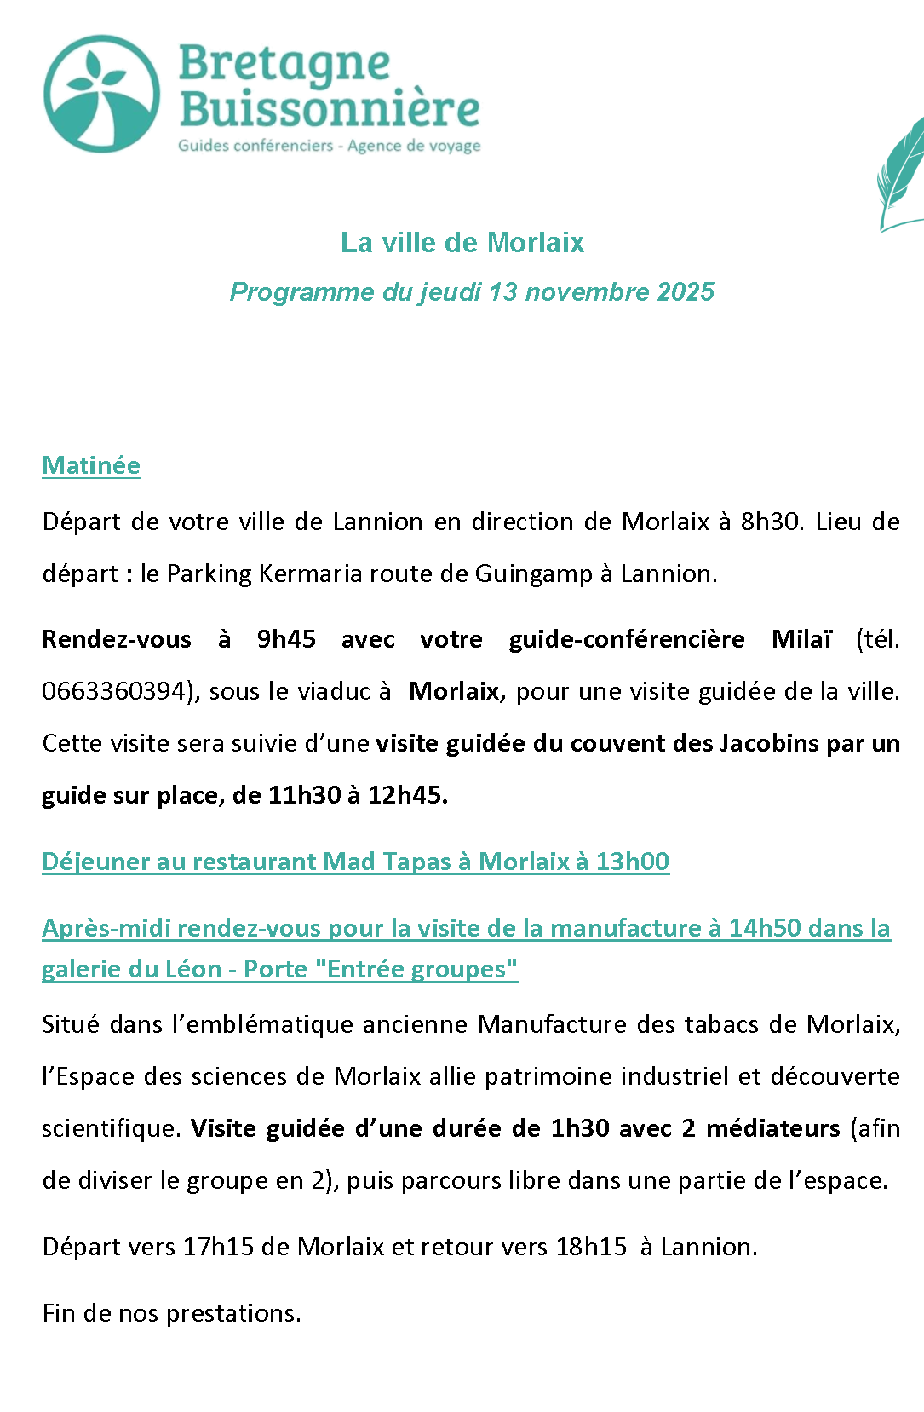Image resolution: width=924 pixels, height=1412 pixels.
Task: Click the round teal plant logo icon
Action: point(101,94)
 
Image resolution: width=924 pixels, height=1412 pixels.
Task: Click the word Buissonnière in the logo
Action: point(329,109)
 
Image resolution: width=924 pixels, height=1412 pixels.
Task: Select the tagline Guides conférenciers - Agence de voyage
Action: point(329,146)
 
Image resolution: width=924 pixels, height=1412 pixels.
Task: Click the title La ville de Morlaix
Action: point(462,243)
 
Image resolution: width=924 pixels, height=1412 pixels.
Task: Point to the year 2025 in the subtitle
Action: point(686,292)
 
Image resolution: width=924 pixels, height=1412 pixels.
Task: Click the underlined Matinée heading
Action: point(91,465)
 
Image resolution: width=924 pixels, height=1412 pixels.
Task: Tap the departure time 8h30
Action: point(770,522)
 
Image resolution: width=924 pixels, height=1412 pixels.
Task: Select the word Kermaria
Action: point(298,573)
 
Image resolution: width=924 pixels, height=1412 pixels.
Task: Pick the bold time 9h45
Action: point(286,639)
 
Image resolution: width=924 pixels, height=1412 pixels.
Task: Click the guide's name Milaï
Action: point(801,639)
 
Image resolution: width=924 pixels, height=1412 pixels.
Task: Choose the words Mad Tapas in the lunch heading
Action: point(387,862)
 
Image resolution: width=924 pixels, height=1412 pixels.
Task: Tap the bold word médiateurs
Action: point(773,1128)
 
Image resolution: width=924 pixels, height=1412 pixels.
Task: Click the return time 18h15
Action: point(591,1247)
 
